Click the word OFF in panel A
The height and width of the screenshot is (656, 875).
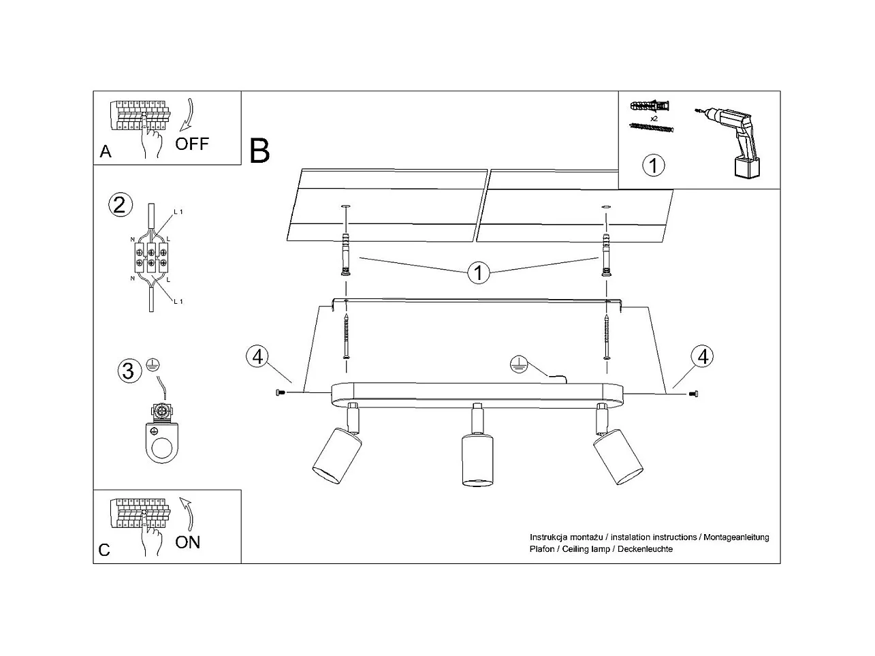tap(192, 144)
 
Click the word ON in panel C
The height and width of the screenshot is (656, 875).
tap(188, 542)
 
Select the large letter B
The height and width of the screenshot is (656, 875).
tap(259, 151)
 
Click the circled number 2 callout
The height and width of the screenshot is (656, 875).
tap(119, 205)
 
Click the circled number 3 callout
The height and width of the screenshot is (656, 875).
tap(127, 371)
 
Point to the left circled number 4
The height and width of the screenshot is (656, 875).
tap(257, 356)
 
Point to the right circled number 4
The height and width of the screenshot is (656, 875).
tap(702, 356)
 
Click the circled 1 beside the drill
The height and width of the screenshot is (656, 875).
tap(654, 166)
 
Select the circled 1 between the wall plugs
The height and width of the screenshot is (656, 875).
tap(478, 273)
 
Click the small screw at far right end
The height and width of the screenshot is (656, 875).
tap(695, 393)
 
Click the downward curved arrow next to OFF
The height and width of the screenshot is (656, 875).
tap(187, 114)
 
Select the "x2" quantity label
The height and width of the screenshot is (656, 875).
tap(654, 119)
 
